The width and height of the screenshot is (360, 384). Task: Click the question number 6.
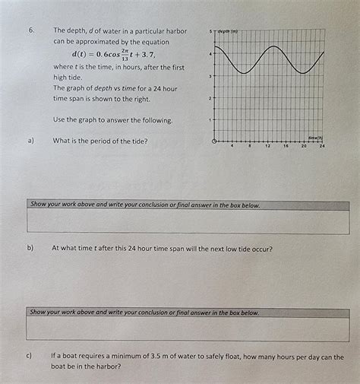[x=31, y=30]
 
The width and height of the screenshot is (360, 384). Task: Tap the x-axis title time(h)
[x=315, y=137]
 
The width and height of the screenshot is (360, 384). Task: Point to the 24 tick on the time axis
[x=322, y=145]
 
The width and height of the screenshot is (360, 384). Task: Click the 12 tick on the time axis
[x=268, y=145]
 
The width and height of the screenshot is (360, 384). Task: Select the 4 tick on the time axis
[x=232, y=145]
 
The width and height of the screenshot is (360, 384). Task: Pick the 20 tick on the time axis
[x=304, y=145]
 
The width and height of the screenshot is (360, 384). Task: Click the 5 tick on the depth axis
[x=210, y=32]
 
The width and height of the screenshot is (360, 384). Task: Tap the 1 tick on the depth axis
[x=210, y=120]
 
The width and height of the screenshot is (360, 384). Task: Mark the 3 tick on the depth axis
[x=210, y=76]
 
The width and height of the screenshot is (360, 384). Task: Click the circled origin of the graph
[x=215, y=141]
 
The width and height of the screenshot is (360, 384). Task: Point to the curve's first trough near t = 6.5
[x=244, y=73]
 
